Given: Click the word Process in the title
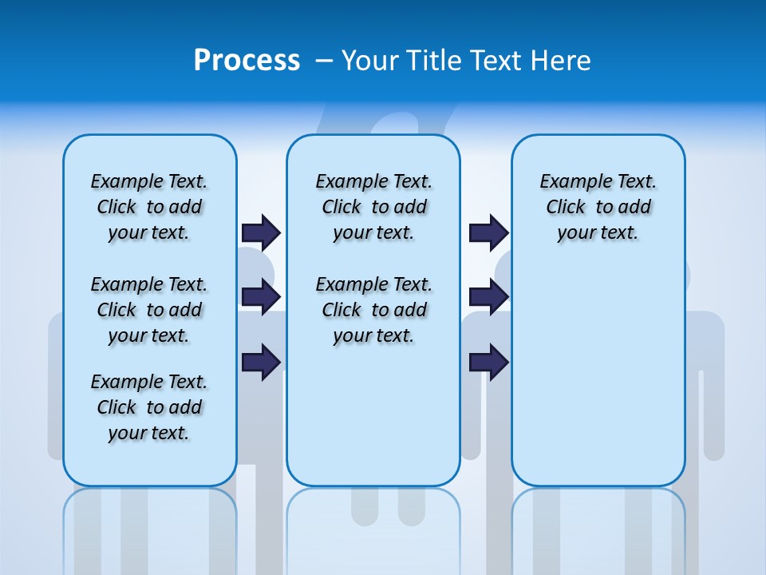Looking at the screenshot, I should click(x=247, y=61).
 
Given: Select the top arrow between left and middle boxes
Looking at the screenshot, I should click(x=261, y=232).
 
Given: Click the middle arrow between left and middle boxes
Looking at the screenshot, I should click(x=261, y=297).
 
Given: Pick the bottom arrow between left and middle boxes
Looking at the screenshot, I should click(x=261, y=362).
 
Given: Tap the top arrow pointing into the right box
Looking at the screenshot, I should click(x=488, y=232).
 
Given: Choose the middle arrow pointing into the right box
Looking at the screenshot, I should click(x=488, y=297).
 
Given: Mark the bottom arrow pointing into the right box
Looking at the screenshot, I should click(x=488, y=362).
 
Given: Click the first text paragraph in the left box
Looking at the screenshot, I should click(x=149, y=207).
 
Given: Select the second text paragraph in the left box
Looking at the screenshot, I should click(x=149, y=310).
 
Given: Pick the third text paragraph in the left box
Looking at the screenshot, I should click(x=149, y=407).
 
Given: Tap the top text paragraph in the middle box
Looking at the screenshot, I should click(x=373, y=207).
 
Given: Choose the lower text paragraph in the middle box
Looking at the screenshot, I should click(x=373, y=310).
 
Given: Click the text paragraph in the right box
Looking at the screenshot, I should click(x=598, y=207).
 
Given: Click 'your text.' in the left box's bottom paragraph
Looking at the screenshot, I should click(x=148, y=433).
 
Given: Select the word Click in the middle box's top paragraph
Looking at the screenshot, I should click(x=342, y=208).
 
